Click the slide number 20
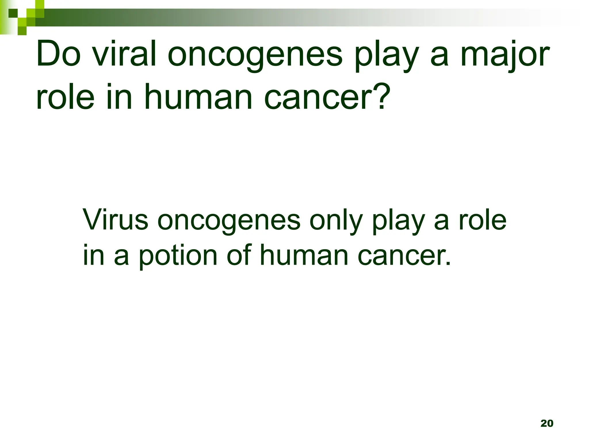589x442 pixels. click(x=547, y=423)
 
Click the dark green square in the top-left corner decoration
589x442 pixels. click(x=13, y=13)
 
